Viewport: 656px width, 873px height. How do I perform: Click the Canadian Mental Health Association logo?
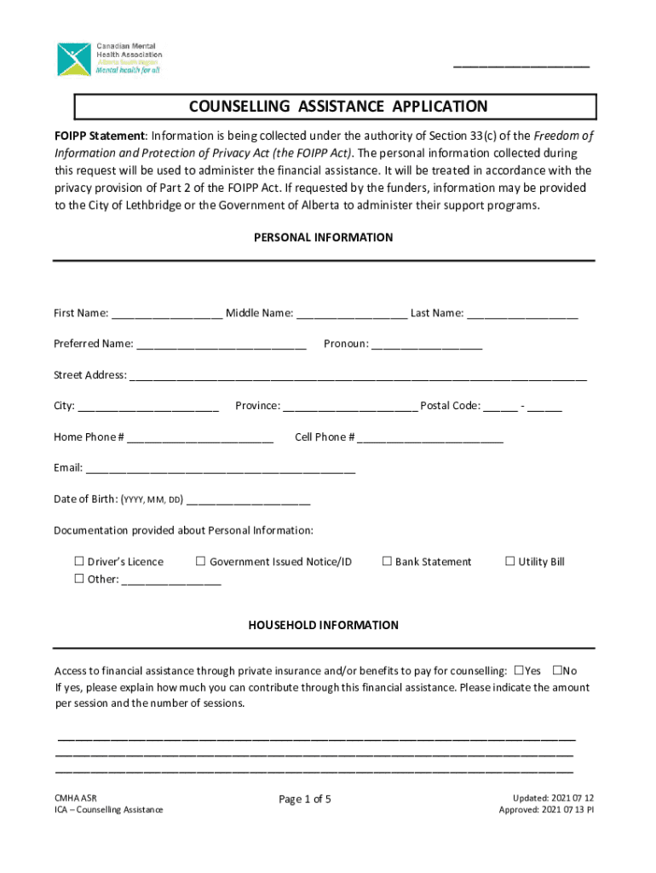pos(108,59)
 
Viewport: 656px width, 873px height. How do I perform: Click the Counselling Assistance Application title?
pos(338,107)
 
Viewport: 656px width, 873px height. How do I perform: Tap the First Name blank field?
pos(167,314)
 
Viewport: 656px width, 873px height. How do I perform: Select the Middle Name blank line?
pos(352,314)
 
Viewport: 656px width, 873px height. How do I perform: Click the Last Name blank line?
pos(522,314)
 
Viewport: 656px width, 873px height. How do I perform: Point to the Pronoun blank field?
pos(427,344)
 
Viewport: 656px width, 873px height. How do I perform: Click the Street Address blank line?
pos(358,376)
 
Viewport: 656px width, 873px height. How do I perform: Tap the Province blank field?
pos(349,407)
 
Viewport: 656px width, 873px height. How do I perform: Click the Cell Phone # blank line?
pos(431,438)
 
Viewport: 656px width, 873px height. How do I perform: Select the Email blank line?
pos(221,469)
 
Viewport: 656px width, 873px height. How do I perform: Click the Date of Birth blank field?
pos(248,500)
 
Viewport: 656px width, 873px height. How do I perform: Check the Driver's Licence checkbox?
pos(78,562)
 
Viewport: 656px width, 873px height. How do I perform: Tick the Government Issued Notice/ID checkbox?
pos(200,562)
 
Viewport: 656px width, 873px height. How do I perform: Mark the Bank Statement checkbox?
pos(386,562)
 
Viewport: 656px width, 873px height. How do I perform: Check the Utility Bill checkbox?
pos(509,562)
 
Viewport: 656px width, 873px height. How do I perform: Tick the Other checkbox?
pos(78,580)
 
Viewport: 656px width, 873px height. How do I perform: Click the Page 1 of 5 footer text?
pos(305,800)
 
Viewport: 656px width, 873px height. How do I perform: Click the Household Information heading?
pos(323,626)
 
